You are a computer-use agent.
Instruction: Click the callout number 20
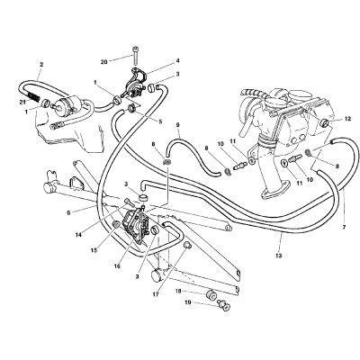[x=103, y=62]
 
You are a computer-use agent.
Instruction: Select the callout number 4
[x=178, y=61]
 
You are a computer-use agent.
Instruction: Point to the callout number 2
[x=41, y=64]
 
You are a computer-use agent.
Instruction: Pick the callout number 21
[x=22, y=103]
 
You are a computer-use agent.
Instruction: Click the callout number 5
[x=160, y=121]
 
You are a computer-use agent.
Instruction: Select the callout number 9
[x=178, y=124]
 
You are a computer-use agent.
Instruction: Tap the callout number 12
[x=347, y=119]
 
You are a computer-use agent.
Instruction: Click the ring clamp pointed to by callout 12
[x=325, y=122]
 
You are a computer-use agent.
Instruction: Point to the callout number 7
[x=344, y=227]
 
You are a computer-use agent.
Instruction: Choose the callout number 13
[x=279, y=256]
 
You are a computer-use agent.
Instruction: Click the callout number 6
[x=68, y=212]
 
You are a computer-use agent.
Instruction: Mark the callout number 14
[x=78, y=235]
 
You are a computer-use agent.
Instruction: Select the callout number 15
[x=94, y=250]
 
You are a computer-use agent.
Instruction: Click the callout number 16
[x=117, y=266]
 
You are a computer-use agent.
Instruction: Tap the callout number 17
[x=155, y=294]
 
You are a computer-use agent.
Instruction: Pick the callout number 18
[x=179, y=292]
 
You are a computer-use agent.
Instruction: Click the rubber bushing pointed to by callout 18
[x=211, y=294]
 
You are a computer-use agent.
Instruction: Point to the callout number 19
[x=188, y=302]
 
